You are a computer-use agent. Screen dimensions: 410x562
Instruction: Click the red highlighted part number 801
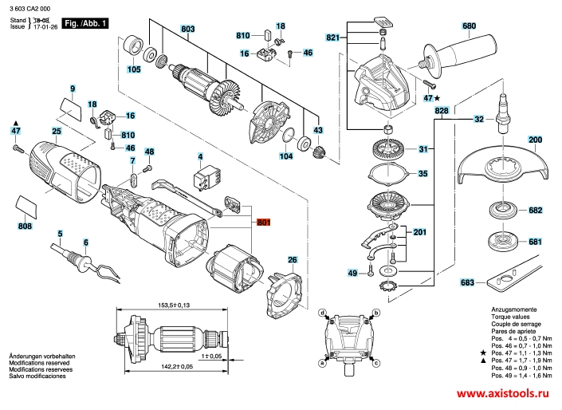point(263,224)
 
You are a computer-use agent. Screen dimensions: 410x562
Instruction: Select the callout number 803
point(188,30)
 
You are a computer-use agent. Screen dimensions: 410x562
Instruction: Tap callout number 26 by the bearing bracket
point(292,260)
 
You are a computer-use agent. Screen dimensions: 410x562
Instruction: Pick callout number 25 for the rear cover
point(57,131)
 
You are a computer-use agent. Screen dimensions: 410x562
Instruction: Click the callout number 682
point(535,211)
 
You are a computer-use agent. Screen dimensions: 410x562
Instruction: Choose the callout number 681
point(535,242)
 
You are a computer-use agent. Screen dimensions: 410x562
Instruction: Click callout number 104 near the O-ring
point(285,157)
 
